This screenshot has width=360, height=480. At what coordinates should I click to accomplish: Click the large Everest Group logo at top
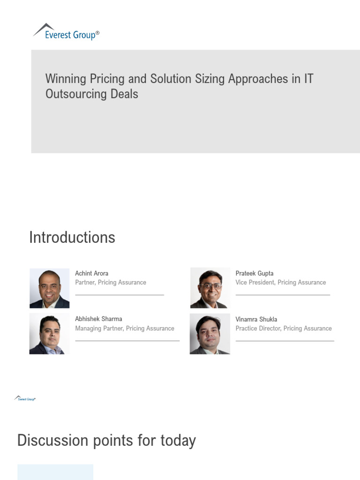(66, 32)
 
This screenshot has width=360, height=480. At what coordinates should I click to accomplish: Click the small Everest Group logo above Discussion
(25, 398)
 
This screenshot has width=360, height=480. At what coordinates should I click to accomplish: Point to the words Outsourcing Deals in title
(92, 94)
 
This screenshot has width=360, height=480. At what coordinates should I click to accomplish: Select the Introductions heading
(72, 237)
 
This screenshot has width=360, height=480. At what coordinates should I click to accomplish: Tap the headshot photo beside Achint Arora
(49, 288)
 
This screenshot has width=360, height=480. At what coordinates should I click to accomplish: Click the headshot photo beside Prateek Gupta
(210, 288)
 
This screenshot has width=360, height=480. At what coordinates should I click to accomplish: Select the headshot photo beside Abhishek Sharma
(49, 334)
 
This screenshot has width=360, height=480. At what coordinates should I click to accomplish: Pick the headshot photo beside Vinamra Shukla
(210, 334)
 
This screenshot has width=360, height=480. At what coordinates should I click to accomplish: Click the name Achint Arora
(91, 273)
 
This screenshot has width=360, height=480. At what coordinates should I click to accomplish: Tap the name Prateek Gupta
(255, 273)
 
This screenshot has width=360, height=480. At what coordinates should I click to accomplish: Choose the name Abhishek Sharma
(98, 319)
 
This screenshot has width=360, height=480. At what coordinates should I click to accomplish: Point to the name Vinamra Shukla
(256, 319)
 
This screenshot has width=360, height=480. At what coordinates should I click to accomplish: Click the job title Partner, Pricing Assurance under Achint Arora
(111, 282)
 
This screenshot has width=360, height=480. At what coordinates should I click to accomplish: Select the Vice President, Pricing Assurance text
(280, 282)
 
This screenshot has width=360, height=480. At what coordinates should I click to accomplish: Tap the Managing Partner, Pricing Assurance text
(125, 328)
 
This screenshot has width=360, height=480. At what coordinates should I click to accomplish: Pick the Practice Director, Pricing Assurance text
(284, 328)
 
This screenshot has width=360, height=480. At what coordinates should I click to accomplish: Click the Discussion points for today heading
(106, 441)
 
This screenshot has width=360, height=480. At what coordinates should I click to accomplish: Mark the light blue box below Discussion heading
(55, 472)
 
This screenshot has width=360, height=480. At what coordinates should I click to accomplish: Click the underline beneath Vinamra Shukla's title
(285, 341)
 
